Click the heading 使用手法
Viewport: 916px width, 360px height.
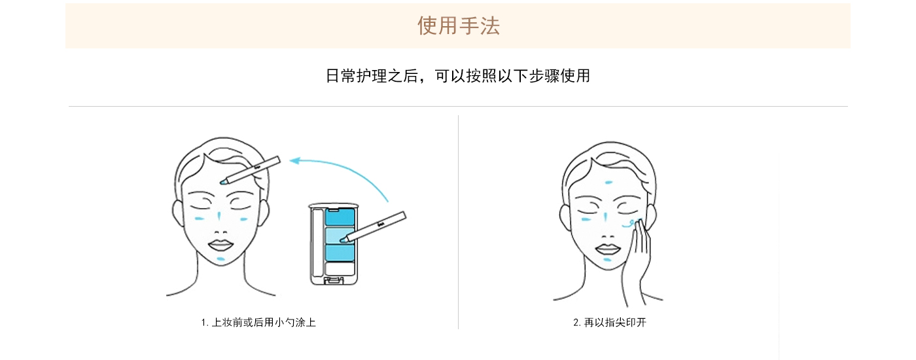pos(458,26)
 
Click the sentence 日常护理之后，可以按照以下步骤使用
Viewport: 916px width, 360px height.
pos(457,76)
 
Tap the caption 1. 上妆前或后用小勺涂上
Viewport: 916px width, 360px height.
pos(258,322)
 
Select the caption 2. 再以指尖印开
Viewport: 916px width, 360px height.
pos(609,322)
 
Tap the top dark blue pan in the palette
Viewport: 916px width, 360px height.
pos(340,217)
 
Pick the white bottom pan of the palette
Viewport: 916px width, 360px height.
pos(340,269)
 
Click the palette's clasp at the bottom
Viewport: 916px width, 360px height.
pos(334,281)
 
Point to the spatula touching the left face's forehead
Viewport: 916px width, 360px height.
pos(250,170)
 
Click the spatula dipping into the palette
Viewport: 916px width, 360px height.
pos(373,226)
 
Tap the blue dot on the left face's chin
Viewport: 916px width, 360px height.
pos(221,259)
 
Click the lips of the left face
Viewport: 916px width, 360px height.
pos(220,245)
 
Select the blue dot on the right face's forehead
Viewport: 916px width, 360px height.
pos(608,183)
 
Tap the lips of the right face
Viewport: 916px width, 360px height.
pos(608,248)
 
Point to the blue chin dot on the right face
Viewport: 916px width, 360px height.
pos(607,260)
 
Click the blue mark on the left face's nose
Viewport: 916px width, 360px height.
pos(219,217)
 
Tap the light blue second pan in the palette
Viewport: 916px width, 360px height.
pos(340,236)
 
